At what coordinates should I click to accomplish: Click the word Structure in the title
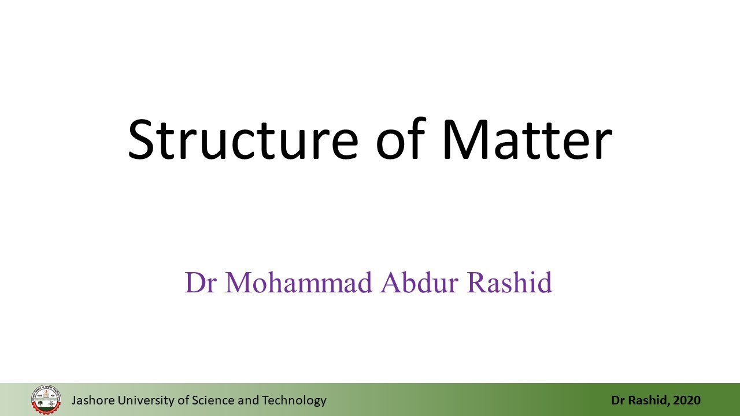pos(243,139)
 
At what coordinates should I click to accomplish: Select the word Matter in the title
pos(528,139)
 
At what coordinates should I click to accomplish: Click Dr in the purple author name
pos(201,283)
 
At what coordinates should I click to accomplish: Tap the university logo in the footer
pos(46,399)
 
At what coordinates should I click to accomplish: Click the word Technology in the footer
pos(294,401)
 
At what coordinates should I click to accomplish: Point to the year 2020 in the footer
pos(687,400)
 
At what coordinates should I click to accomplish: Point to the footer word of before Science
pos(183,400)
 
